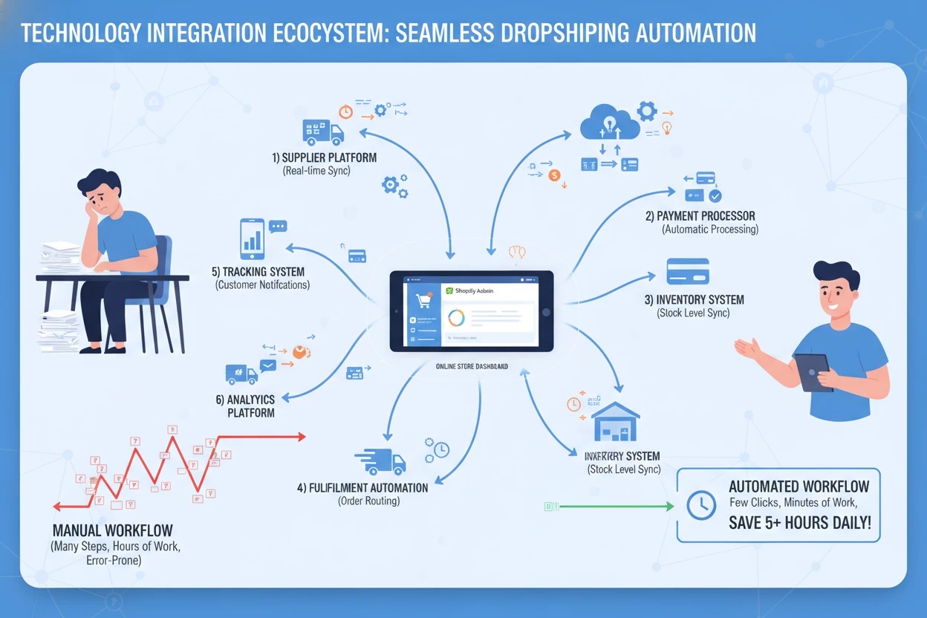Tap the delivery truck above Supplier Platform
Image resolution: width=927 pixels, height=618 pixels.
tap(323, 132)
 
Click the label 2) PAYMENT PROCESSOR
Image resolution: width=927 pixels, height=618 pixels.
tap(700, 216)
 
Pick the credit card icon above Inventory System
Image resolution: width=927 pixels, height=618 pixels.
tap(688, 270)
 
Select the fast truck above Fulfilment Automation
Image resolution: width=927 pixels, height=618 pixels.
tap(380, 461)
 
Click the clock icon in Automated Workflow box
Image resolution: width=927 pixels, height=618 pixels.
tap(701, 506)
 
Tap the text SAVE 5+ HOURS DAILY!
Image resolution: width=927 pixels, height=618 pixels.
tap(799, 522)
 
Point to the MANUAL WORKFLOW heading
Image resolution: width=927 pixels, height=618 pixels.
tap(113, 531)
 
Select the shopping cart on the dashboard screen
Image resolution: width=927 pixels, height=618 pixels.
tap(423, 301)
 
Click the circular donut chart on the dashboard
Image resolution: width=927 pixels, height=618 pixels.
tap(455, 318)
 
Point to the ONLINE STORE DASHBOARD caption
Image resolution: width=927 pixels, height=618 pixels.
tap(472, 366)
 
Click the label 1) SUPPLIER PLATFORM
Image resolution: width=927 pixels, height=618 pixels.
tap(323, 158)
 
